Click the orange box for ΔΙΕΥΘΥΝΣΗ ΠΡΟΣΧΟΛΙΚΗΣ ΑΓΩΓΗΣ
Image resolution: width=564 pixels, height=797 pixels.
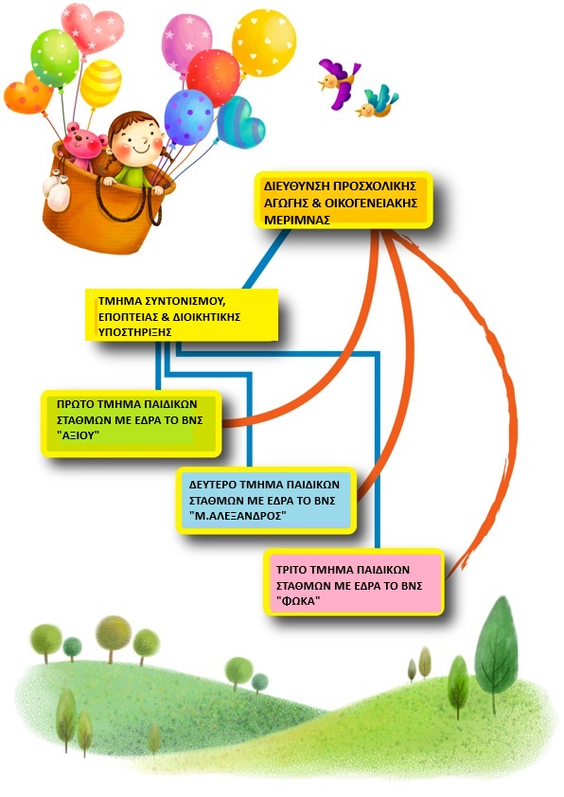[x=344, y=201]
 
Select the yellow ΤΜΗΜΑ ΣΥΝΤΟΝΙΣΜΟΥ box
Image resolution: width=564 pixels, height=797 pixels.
[x=182, y=314]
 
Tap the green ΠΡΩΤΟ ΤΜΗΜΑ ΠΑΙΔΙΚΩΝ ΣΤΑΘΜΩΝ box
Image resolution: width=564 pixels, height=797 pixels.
[x=132, y=423]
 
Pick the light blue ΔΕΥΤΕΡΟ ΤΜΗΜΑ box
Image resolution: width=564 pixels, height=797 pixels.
[x=267, y=500]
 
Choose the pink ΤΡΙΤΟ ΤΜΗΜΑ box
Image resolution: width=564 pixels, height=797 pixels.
[x=354, y=582]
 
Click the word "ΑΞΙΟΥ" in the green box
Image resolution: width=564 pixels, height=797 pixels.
[x=78, y=436]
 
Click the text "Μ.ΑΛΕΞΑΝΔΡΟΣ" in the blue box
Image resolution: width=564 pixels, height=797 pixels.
[x=238, y=516]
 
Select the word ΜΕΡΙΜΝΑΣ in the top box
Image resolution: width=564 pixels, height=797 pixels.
[x=298, y=221]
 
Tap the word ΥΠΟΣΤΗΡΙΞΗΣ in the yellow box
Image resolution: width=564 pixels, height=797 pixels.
[x=134, y=332]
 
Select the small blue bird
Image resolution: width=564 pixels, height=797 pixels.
[x=379, y=101]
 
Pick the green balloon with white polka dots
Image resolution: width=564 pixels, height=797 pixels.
[x=55, y=59]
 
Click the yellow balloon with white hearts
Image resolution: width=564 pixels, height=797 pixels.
[x=264, y=44]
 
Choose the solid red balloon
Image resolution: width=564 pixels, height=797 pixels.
[x=214, y=78]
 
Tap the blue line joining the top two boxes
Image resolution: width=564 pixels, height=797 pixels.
[x=266, y=259]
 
